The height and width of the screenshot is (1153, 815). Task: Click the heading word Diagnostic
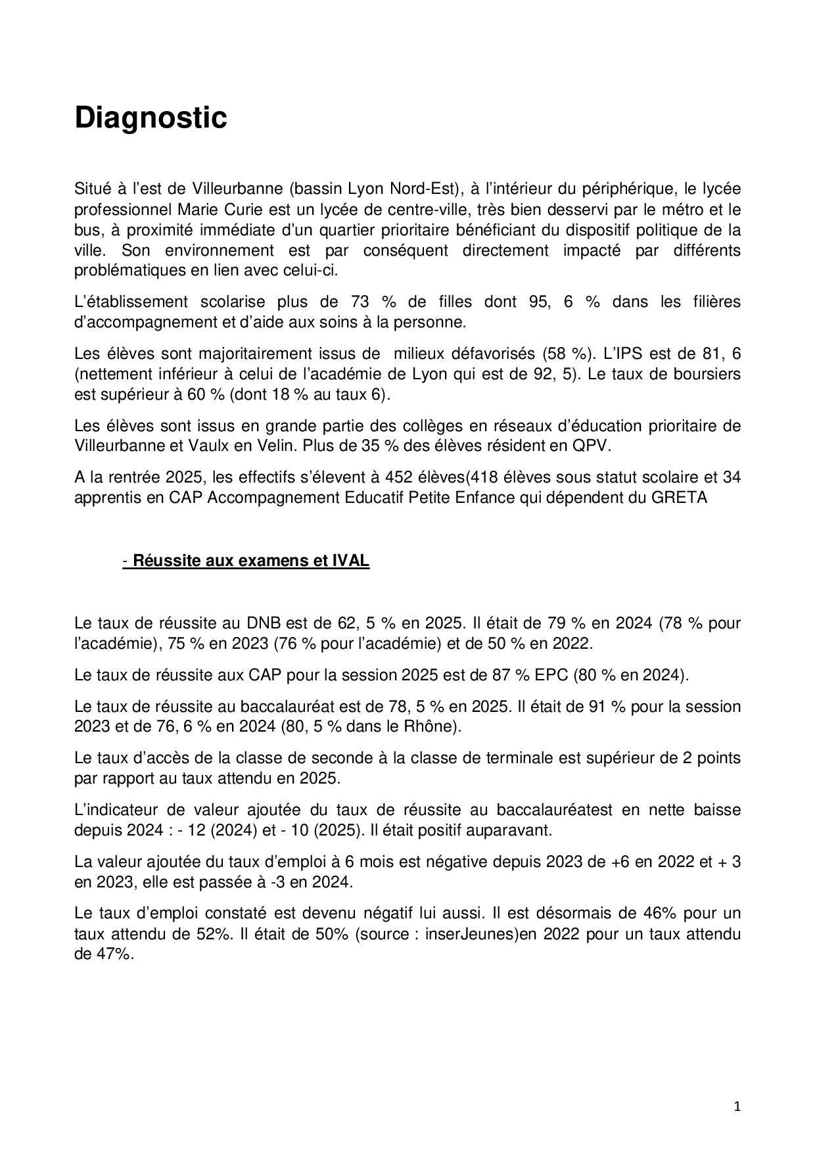(151, 118)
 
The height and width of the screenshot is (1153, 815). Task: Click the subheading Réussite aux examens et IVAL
(250, 561)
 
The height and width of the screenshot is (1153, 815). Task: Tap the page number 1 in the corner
(737, 1107)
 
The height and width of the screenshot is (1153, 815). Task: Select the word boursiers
(704, 374)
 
